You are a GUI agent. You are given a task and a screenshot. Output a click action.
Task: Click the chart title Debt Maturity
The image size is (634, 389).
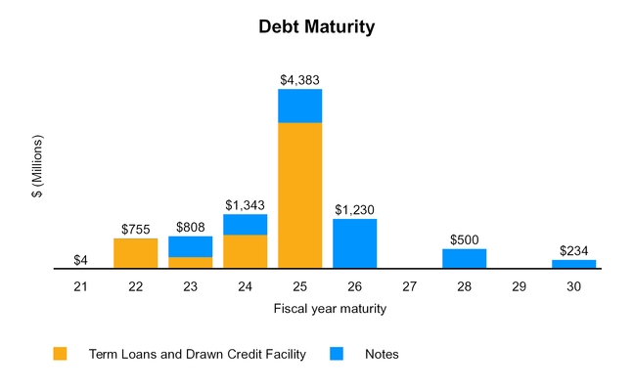316,27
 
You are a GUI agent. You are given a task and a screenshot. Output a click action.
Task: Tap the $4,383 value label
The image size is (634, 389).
299,80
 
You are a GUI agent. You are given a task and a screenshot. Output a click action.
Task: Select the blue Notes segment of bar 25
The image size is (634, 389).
299,106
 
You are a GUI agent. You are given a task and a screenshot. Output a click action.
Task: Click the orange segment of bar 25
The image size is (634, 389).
299,194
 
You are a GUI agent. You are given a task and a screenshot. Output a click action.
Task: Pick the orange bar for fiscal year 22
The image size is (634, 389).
135,253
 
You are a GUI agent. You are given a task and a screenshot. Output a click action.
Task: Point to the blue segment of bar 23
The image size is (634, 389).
190,246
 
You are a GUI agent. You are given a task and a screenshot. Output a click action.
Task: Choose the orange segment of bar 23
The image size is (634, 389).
190,262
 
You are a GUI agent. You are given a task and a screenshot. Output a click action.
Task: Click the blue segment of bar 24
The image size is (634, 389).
245,225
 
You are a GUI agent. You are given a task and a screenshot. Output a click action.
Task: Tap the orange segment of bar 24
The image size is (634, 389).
245,251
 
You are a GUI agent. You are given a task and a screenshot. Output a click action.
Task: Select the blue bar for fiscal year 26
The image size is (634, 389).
354,243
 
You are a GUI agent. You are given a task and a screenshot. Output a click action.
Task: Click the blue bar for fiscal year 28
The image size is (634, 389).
464,258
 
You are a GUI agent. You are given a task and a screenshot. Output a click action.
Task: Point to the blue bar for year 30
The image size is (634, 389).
573,263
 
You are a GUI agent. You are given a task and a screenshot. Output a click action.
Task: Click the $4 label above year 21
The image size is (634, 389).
80,260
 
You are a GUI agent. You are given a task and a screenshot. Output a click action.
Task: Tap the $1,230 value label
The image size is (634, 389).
354,209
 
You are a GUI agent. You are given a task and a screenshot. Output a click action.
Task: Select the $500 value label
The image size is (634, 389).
464,239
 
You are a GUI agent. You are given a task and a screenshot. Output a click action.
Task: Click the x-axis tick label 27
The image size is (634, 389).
409,287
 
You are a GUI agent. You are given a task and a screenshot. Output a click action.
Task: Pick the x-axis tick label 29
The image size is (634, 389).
519,287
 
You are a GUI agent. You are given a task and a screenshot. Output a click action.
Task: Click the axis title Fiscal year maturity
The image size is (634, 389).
329,309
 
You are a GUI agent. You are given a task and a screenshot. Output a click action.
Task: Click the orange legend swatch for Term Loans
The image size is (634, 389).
61,354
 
